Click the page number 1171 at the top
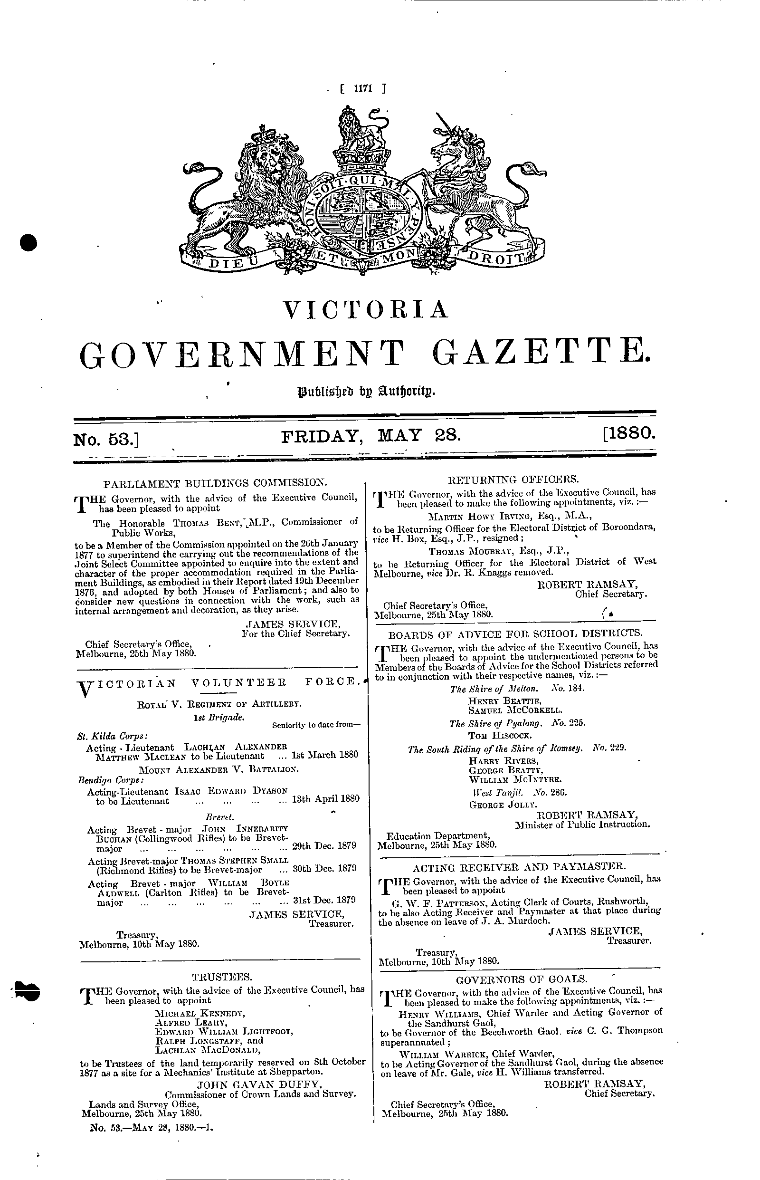(x=362, y=90)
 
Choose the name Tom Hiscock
(x=493, y=735)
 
